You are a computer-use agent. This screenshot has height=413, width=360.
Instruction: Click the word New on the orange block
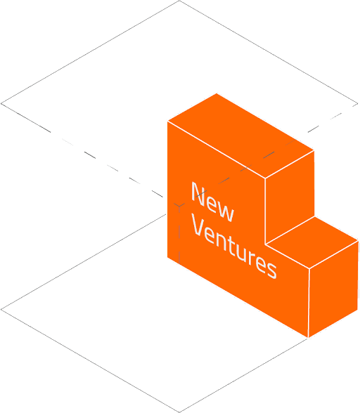click(x=212, y=202)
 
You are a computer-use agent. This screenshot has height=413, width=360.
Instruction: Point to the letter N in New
click(x=198, y=194)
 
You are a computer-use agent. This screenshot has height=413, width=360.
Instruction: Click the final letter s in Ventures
click(x=271, y=270)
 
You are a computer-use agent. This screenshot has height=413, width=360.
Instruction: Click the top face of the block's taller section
click(x=240, y=136)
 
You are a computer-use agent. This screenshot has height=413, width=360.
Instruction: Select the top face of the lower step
click(x=312, y=242)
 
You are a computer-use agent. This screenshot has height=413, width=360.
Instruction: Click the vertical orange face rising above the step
click(x=290, y=197)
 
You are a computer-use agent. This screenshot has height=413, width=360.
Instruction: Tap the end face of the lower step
click(x=333, y=289)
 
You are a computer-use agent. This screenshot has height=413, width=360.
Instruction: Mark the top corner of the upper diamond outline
click(x=179, y=1)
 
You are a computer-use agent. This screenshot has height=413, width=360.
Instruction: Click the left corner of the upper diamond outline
click(x=1, y=104)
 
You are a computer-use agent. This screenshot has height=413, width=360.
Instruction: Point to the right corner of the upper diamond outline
click(x=358, y=104)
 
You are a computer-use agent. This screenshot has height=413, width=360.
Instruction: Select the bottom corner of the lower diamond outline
click(x=179, y=412)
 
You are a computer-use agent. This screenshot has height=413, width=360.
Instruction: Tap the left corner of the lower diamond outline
click(x=1, y=310)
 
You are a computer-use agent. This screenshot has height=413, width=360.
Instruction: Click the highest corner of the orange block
click(x=217, y=93)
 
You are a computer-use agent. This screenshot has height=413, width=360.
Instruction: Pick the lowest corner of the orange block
click(x=308, y=337)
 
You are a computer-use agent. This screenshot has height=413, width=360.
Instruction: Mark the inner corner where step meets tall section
click(x=265, y=244)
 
